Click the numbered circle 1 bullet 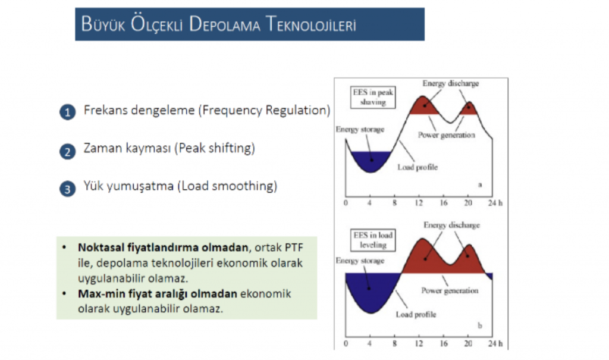point(68,112)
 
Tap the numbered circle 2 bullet point(68,151)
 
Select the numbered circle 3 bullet point(68,189)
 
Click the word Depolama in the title point(224,24)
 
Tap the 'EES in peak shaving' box point(373,97)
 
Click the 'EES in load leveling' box point(373,240)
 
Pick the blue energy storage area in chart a point(371,160)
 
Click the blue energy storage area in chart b point(371,290)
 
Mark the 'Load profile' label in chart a point(417,167)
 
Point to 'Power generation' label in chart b point(450,290)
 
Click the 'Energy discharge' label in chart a point(451,83)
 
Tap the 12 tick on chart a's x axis point(419,203)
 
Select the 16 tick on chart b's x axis point(444,343)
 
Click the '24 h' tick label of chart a point(495,203)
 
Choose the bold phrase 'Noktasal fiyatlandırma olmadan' point(163,248)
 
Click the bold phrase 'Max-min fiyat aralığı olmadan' point(157,293)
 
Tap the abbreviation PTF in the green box point(294,248)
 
